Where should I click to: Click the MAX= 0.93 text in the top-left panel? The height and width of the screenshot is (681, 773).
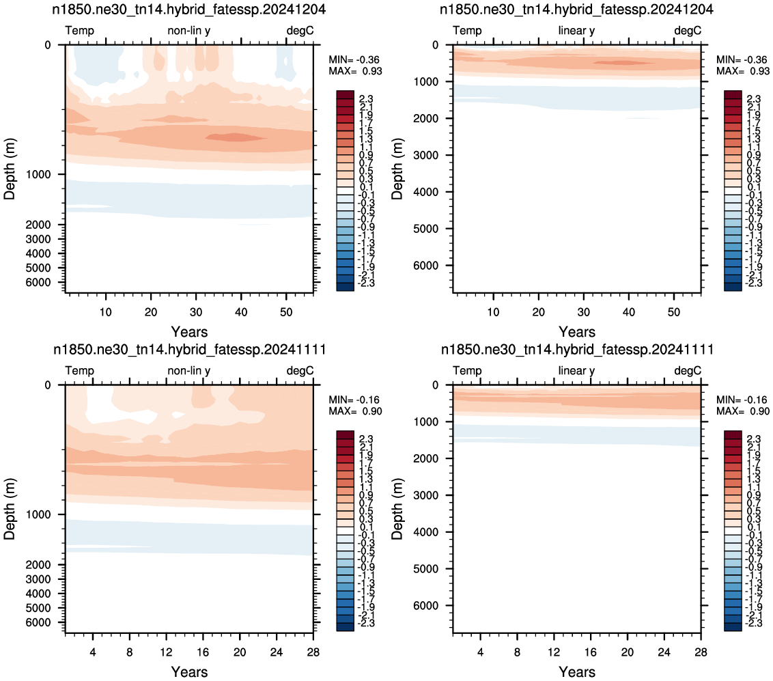pos(355,71)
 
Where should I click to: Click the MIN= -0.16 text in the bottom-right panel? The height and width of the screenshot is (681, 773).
pos(742,400)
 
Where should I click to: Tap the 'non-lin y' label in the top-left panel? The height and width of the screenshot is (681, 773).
pos(189,31)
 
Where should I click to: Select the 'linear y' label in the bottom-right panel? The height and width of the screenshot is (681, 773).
pos(576,371)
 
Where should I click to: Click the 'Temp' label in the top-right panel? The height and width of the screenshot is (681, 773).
pos(467,31)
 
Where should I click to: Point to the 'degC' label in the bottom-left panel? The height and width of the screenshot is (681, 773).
pos(300,371)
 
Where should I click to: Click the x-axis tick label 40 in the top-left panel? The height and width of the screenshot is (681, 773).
pos(241,312)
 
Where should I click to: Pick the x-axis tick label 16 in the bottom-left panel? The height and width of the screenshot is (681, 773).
pos(203,652)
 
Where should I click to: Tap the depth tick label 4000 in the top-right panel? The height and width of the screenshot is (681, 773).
pos(425,193)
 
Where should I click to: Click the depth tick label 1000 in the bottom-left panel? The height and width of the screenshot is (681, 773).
pos(38,515)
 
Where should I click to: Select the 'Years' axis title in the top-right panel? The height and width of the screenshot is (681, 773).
pos(577,332)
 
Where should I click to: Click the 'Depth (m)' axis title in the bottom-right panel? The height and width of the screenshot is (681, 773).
pos(397,509)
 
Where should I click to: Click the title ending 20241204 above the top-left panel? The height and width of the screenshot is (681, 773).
pos(189,10)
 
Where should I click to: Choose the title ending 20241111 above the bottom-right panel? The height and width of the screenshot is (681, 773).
pos(577,350)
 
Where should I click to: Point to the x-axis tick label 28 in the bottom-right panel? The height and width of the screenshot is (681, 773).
pos(701,652)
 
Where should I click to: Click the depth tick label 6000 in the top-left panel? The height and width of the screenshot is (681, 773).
pos(38,283)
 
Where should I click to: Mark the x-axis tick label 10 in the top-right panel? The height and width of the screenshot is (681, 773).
pos(493,312)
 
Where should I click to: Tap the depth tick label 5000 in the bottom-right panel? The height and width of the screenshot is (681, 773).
pos(425,569)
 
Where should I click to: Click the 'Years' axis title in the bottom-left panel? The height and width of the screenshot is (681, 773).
pos(189,671)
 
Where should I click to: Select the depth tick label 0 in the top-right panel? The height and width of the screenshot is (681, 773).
pos(435,45)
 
